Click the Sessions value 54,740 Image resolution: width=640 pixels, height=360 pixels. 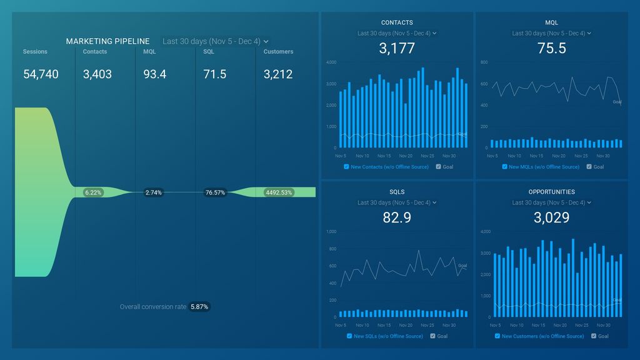pyautogui.click(x=41, y=74)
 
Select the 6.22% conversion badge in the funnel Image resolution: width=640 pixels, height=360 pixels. pyautogui.click(x=92, y=192)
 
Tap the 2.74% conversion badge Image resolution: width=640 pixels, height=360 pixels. pyautogui.click(x=153, y=192)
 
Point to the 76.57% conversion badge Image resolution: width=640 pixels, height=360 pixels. pyautogui.click(x=214, y=192)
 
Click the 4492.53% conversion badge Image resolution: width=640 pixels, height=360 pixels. pyautogui.click(x=279, y=192)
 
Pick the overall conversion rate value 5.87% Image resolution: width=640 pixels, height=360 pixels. pyautogui.click(x=200, y=307)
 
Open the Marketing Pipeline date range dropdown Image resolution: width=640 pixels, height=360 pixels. pyautogui.click(x=216, y=41)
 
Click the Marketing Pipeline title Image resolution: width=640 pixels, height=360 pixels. pyautogui.click(x=107, y=41)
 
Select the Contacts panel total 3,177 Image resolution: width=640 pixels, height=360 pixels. pyautogui.click(x=397, y=49)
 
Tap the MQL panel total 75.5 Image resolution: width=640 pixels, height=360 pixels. pyautogui.click(x=552, y=49)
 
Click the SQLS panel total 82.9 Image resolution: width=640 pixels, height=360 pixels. pyautogui.click(x=397, y=217)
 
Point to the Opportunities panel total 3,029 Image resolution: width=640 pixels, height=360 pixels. pyautogui.click(x=552, y=217)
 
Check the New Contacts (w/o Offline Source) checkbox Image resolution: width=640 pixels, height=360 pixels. pyautogui.click(x=347, y=167)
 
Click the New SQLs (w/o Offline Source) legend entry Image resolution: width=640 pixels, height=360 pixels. pyautogui.click(x=388, y=336)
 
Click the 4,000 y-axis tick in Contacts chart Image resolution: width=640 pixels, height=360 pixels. pyautogui.click(x=331, y=62)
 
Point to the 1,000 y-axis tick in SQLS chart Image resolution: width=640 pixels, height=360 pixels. pyautogui.click(x=331, y=232)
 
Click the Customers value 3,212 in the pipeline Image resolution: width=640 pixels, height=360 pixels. pyautogui.click(x=278, y=74)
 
